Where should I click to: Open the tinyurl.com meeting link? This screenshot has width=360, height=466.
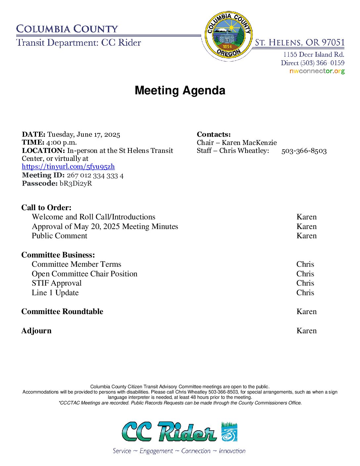click(x=68, y=167)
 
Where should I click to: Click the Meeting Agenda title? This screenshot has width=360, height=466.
click(x=180, y=90)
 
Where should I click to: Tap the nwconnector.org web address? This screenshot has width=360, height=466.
click(x=317, y=71)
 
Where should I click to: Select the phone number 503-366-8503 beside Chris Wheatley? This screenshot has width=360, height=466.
click(x=304, y=151)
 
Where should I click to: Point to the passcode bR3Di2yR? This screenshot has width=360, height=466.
click(x=76, y=183)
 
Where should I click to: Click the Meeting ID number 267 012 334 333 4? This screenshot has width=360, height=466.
click(x=95, y=175)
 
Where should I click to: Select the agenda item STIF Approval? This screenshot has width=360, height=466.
click(x=57, y=283)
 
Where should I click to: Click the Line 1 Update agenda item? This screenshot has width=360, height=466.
click(x=55, y=293)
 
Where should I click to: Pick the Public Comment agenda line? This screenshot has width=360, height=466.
click(x=60, y=236)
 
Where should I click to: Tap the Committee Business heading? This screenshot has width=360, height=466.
click(x=58, y=255)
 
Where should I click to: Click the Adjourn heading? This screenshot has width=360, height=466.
click(x=36, y=331)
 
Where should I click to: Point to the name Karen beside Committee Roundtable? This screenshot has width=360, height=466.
click(x=306, y=312)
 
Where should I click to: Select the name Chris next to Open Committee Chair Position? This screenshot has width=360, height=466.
click(x=305, y=274)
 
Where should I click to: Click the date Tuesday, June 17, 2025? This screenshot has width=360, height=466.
click(x=84, y=134)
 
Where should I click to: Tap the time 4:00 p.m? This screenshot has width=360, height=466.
click(x=62, y=143)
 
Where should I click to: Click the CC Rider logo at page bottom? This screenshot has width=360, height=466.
click(x=180, y=432)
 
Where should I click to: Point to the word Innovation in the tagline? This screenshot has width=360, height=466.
click(x=232, y=451)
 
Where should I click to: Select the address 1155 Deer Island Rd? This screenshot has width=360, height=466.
click(x=314, y=55)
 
